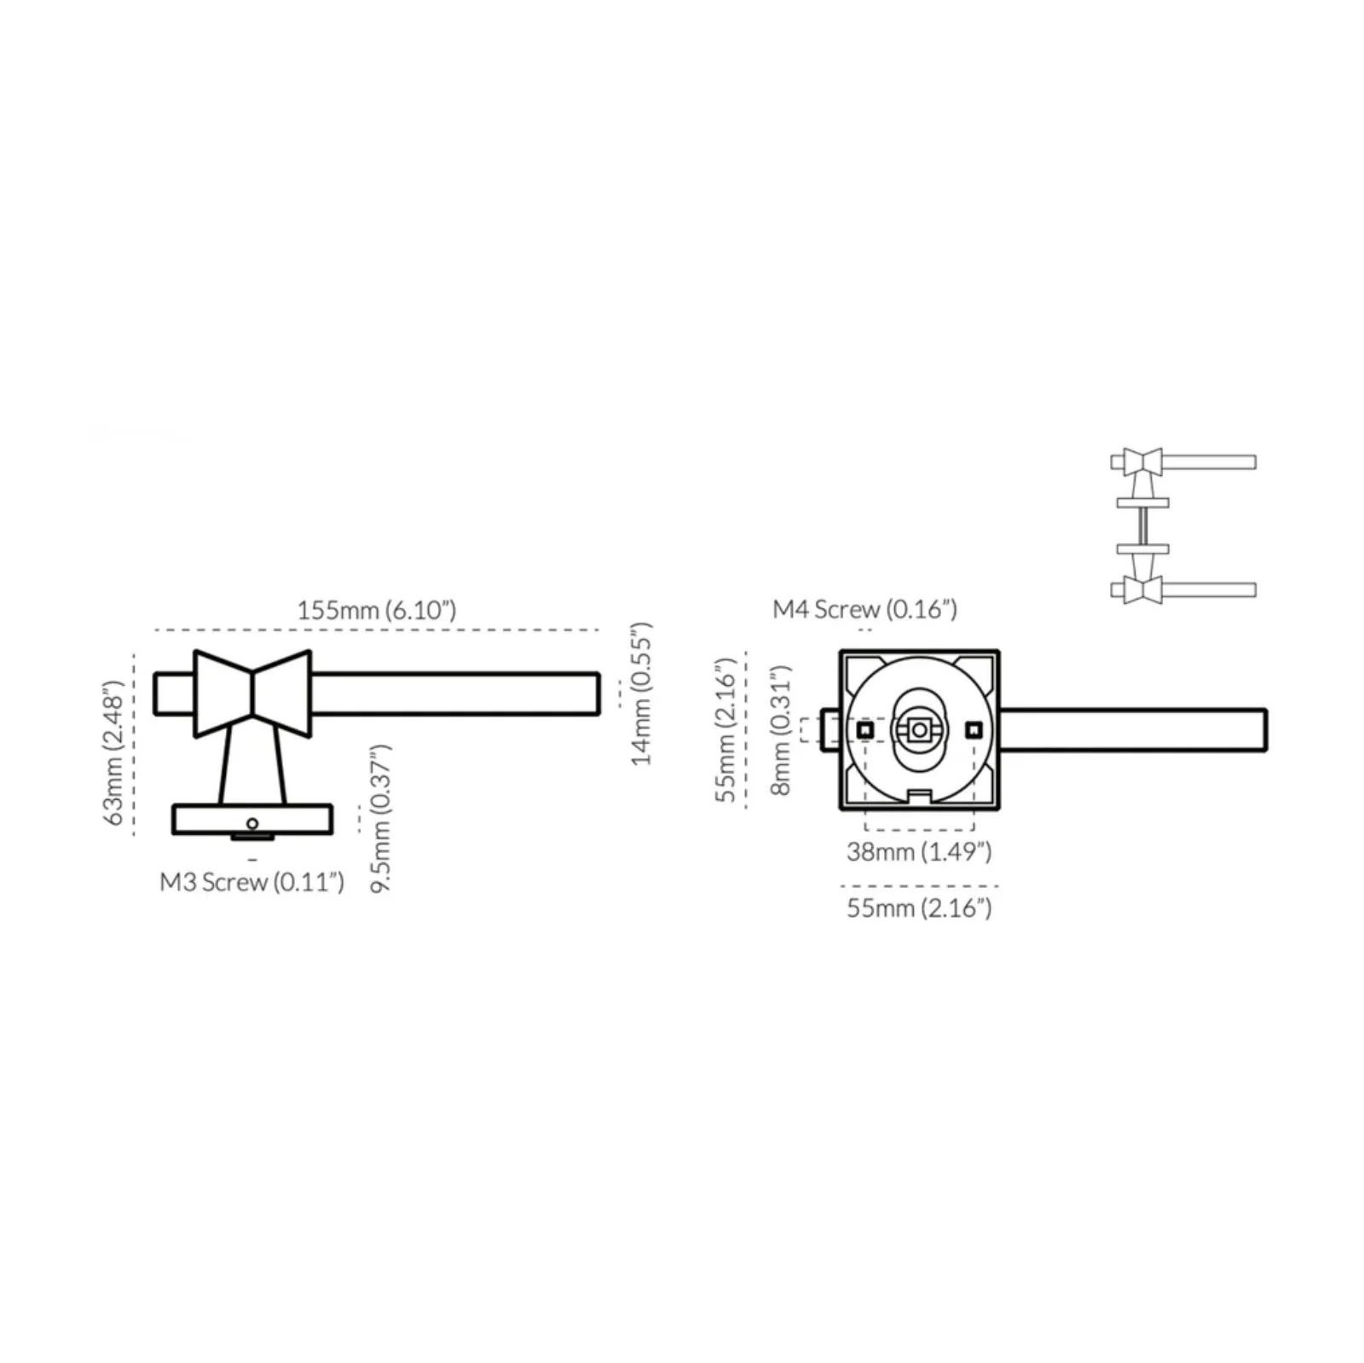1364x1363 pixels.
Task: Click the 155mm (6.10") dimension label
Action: click(376, 610)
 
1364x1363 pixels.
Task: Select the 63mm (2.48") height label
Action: click(114, 753)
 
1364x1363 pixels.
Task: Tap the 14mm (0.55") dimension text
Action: click(642, 693)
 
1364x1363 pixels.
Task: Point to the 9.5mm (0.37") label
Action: click(381, 818)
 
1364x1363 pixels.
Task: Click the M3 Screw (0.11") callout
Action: click(252, 881)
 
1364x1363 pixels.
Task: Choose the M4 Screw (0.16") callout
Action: click(864, 609)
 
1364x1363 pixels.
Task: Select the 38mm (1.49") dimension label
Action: click(919, 851)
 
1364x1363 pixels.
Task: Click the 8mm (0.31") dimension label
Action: click(781, 730)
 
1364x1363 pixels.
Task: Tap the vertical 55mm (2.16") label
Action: click(725, 729)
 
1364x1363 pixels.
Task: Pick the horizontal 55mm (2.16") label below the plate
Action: click(919, 908)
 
